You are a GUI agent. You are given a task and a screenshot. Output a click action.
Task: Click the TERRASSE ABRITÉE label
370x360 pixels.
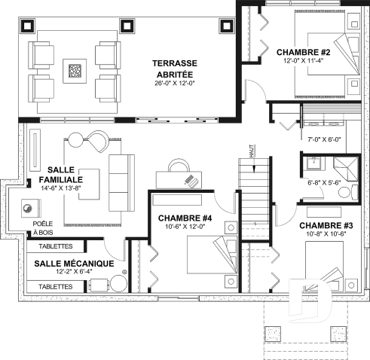pos(175,69)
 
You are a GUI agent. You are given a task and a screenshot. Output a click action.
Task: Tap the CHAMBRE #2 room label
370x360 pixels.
pos(303,52)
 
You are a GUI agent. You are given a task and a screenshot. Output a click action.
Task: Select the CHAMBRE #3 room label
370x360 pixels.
pos(326,225)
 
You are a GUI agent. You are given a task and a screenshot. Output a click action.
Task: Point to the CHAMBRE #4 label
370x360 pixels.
pos(185,218)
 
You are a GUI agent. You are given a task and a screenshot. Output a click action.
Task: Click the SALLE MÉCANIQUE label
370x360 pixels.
pos(74,264)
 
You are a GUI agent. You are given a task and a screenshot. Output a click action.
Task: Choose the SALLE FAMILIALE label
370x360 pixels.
pos(61,175)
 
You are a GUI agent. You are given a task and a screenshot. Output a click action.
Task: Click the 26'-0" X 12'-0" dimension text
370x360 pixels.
pos(175,83)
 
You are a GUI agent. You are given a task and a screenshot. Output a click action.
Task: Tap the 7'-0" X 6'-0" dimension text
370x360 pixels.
pos(324,139)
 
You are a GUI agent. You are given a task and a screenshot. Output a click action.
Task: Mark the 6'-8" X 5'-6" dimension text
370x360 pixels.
pos(324,182)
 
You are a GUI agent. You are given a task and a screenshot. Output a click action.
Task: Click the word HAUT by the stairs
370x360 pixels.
pos(252,152)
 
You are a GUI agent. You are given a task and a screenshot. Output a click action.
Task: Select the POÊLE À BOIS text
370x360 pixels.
pos(43,228)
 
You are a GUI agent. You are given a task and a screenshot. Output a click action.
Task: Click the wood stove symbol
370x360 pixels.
pos(31,208)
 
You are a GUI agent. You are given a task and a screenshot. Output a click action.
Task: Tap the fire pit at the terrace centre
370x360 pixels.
pos(75,71)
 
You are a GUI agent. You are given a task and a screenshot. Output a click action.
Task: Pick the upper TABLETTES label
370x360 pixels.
pos(56,246)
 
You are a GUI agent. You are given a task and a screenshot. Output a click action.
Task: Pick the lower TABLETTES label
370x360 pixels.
pos(56,286)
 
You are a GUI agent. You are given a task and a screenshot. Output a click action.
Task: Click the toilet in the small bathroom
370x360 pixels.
pos(347,193)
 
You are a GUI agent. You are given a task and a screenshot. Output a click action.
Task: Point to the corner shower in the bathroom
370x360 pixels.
pos(346,169)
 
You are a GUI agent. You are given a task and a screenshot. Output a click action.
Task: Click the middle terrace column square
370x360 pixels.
pos(127,26)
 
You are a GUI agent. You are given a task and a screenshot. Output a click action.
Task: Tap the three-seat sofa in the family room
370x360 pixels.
pos(121,183)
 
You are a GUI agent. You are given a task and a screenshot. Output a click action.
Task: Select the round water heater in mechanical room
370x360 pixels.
pos(118,283)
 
